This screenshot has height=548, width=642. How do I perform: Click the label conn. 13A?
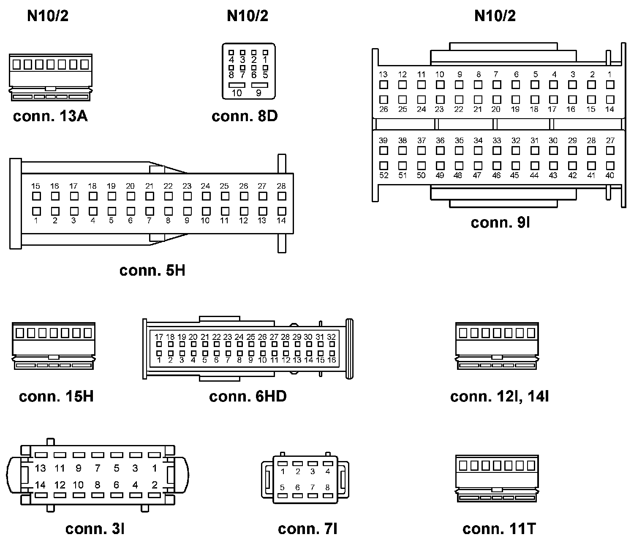coord(50,116)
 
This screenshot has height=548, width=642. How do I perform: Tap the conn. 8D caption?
coord(245,116)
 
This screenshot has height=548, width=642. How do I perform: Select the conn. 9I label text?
coord(500,222)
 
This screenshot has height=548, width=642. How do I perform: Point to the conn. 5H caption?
coord(152,270)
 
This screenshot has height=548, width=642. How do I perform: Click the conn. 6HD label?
coord(248,396)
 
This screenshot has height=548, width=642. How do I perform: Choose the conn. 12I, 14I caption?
coord(499,396)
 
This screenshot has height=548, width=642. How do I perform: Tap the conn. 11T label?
coord(499,529)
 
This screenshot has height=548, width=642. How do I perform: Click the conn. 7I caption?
coord(307,529)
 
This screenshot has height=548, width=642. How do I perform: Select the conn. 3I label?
coord(95,529)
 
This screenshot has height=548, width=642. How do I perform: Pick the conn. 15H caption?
coord(56,396)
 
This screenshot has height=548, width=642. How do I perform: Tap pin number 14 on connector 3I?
coord(41,485)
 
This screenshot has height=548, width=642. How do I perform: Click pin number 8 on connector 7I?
coord(327,488)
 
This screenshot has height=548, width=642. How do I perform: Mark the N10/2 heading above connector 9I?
coord(495,16)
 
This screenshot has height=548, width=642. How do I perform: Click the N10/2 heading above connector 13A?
coord(48,16)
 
